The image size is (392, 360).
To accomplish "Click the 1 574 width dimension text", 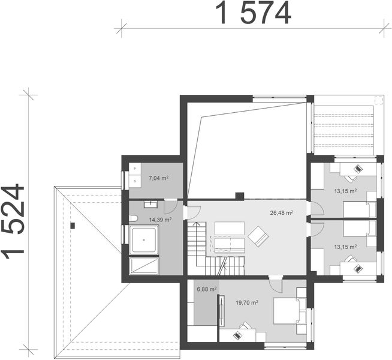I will point(254,13).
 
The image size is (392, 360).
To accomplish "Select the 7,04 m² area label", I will point(158,178).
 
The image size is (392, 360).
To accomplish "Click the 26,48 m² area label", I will point(281,212).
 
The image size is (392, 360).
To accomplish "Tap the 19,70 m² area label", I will point(247,303).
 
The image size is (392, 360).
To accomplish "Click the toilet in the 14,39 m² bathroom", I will point(134,218).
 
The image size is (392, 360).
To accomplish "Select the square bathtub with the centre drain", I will point(144,241).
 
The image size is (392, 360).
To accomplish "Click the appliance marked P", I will point(135,170).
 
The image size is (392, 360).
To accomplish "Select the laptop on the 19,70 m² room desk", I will point(244,327).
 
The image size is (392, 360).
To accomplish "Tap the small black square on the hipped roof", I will point(72,226).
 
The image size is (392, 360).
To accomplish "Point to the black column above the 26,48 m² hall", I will point(239,196).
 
